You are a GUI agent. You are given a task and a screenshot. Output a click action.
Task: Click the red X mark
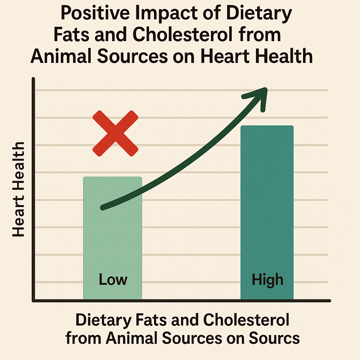(115, 133)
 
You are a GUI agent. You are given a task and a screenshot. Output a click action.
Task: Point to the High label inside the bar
(268, 280)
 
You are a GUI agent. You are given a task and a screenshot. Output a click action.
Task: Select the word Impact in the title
(171, 15)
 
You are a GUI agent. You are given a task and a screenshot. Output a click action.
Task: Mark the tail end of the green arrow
(103, 207)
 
